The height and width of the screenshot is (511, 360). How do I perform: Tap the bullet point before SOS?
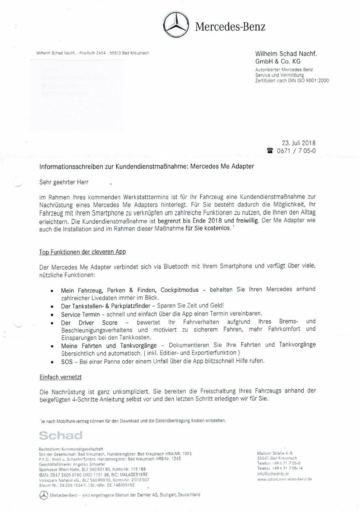click(52, 362)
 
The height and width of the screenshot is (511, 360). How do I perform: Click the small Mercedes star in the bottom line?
click(43, 495)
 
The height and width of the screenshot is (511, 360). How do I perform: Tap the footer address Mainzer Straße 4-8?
click(275, 452)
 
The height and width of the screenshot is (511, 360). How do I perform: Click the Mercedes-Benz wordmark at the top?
click(230, 27)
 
